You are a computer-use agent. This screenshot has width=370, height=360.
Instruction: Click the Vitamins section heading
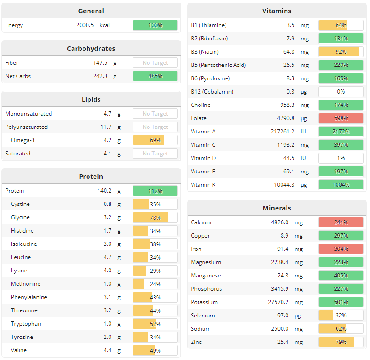[276, 11]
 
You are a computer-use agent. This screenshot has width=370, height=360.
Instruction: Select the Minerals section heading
[276, 208]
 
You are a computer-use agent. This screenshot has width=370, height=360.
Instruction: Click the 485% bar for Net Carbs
[155, 76]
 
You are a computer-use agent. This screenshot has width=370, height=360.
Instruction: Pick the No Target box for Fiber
[155, 63]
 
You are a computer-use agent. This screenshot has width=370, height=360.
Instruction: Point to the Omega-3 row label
[23, 140]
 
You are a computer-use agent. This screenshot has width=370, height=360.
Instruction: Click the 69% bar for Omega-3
[155, 140]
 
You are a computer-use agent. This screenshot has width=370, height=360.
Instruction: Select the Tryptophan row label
[26, 324]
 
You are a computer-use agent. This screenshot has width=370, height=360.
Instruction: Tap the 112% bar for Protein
[155, 191]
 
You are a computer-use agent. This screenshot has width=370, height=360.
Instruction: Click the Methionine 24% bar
[155, 284]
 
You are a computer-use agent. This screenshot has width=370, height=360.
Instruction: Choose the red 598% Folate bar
[341, 118]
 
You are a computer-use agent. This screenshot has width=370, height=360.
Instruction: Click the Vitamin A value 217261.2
[282, 132]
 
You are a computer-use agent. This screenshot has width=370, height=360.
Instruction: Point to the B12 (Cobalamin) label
[212, 92]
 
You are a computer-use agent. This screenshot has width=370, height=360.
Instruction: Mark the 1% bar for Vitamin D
[341, 158]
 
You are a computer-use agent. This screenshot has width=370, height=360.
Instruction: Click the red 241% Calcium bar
[341, 222]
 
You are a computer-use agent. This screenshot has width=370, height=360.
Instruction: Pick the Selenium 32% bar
[341, 316]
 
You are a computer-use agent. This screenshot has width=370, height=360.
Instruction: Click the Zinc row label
[196, 342]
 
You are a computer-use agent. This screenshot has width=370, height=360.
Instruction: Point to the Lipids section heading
[91, 100]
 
